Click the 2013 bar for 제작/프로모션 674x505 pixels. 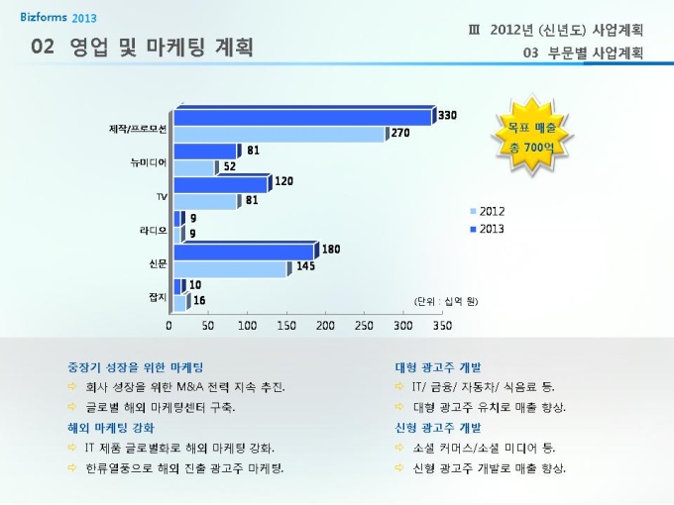coord(302,118)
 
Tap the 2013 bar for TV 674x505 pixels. coord(220,185)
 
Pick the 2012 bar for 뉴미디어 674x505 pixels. coord(194,168)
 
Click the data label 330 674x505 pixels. coord(447,116)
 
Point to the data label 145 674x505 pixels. coord(305,266)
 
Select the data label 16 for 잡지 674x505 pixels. coord(199,300)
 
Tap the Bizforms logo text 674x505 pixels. coord(44,18)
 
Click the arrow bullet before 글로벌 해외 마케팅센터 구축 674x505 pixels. coord(71,408)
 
